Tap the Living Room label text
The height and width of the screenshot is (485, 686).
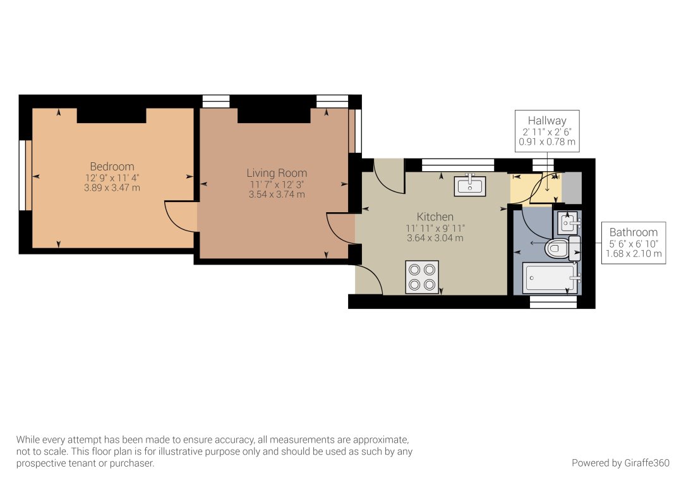(277, 173)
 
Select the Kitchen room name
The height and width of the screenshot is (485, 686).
(435, 217)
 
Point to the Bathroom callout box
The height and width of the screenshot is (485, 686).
(633, 242)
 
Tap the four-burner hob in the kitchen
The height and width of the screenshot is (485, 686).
(422, 277)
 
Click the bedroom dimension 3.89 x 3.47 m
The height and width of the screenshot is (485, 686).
(112, 188)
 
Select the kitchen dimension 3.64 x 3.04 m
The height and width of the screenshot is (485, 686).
(435, 238)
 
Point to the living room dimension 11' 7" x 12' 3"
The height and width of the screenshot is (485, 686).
(277, 184)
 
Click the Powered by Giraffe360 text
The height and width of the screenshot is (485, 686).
(620, 463)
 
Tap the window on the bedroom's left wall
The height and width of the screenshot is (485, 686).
(25, 175)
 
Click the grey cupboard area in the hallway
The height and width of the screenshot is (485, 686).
(572, 187)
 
